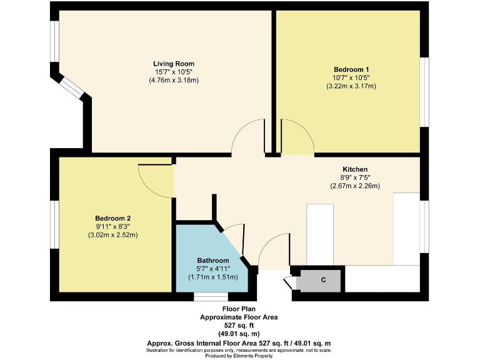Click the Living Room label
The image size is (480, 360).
tap(174, 64)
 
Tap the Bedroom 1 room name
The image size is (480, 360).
tap(351, 69)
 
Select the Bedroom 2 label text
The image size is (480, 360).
tap(112, 218)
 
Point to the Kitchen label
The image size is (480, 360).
tap(355, 169)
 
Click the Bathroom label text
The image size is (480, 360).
tap(213, 261)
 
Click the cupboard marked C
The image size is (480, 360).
tap(322, 280)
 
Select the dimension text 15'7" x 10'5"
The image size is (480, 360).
tap(174, 72)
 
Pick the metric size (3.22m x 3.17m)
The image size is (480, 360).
tap(351, 86)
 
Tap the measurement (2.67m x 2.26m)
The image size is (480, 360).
tap(355, 186)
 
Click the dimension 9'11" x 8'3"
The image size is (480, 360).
tap(112, 226)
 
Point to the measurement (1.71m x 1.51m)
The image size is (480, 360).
tap(213, 277)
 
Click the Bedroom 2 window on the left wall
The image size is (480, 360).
tap(54, 224)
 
